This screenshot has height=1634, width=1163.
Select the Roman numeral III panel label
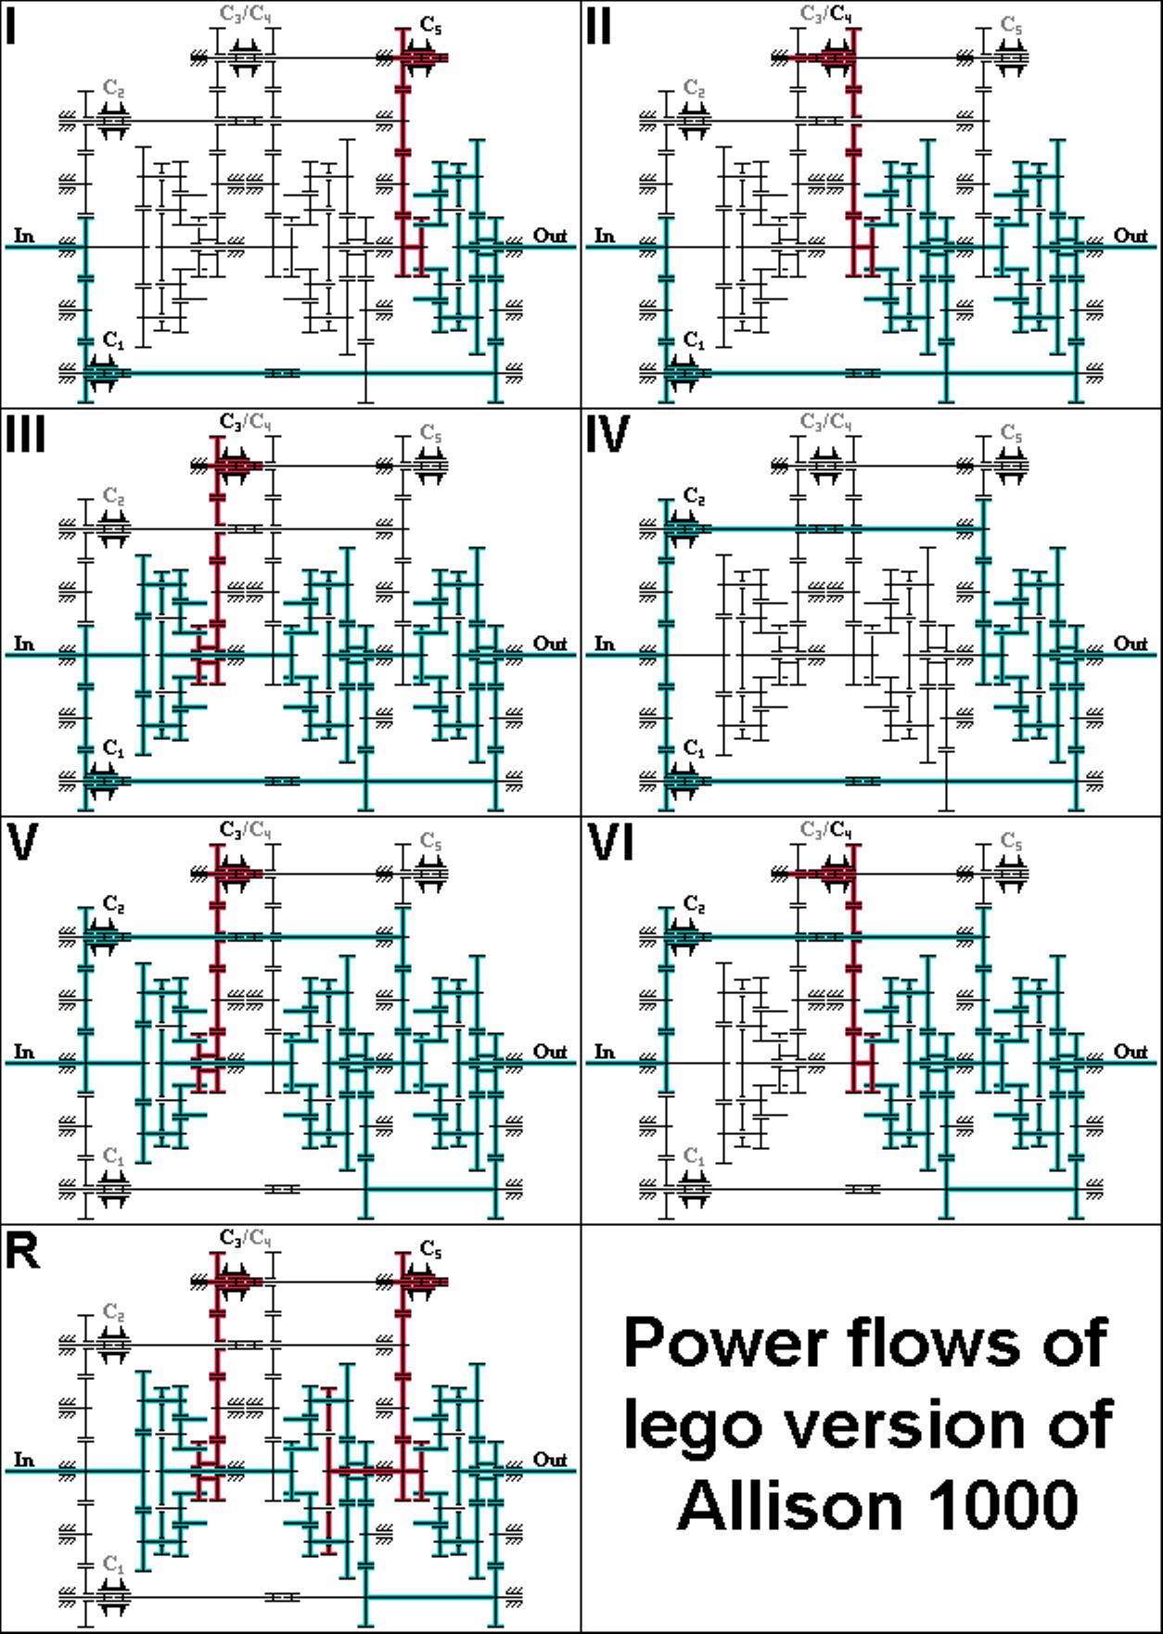(x=25, y=434)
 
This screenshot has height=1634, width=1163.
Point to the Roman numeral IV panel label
(x=608, y=434)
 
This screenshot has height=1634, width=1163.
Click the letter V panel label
(x=21, y=842)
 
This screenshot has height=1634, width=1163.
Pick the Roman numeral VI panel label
(x=611, y=842)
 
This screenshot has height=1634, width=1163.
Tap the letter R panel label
(x=22, y=1250)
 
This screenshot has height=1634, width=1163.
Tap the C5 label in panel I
(x=431, y=25)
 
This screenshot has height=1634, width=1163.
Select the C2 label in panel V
(x=114, y=903)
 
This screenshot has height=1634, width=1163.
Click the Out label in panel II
(x=1131, y=236)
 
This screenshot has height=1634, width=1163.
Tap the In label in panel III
(x=24, y=644)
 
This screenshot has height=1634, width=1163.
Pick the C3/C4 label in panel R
(x=246, y=1238)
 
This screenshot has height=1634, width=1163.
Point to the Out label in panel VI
(x=1131, y=1052)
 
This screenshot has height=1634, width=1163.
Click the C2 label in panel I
(x=114, y=88)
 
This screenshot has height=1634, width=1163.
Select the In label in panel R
(x=24, y=1460)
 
